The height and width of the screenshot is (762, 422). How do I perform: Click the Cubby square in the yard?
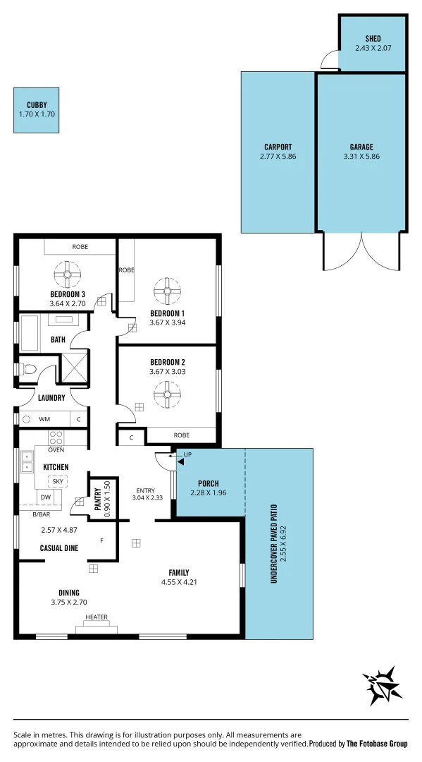pyautogui.click(x=37, y=109)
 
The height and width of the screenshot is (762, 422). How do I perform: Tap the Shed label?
pyautogui.click(x=373, y=38)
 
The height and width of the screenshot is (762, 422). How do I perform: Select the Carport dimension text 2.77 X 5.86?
pyautogui.click(x=278, y=156)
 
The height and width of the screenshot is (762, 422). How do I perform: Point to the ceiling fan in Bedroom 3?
pyautogui.click(x=68, y=274)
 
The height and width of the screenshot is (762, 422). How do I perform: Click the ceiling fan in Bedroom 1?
pyautogui.click(x=167, y=290)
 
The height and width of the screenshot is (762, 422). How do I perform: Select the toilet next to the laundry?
pyautogui.click(x=27, y=368)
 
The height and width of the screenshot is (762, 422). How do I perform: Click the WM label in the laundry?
pyautogui.click(x=44, y=419)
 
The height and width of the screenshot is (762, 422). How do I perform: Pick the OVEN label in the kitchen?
pyautogui.click(x=56, y=449)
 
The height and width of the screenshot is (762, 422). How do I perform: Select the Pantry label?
pyautogui.click(x=97, y=499)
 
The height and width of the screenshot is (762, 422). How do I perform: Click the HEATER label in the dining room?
pyautogui.click(x=97, y=617)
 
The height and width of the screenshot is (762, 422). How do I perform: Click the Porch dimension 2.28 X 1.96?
pyautogui.click(x=209, y=493)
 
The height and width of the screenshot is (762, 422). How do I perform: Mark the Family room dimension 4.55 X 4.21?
pyautogui.click(x=180, y=582)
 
